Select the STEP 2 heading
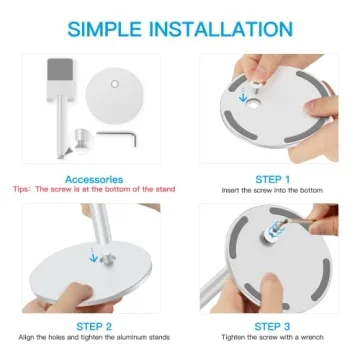96,326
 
